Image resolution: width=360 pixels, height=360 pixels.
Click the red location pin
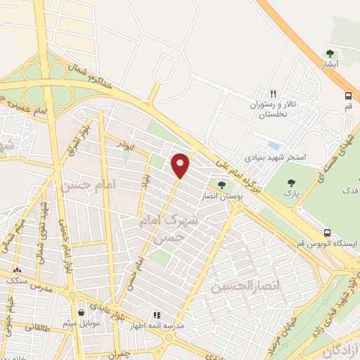pos(181,165)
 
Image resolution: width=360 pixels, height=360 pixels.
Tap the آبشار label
pos(330,64)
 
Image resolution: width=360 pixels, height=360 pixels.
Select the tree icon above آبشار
pos(330,53)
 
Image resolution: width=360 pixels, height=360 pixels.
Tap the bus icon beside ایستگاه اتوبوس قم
pos(327,233)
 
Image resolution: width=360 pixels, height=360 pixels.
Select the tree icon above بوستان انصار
pos(222,185)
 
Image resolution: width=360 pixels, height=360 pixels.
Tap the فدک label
pos(349,191)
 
